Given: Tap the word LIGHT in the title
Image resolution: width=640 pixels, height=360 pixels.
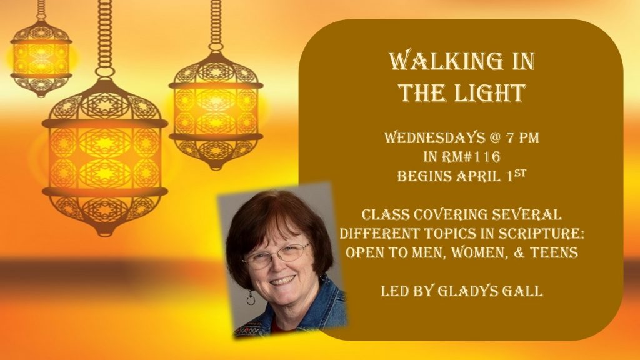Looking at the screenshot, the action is [x=484, y=92].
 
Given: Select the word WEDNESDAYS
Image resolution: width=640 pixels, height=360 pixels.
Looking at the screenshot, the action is [x=434, y=137].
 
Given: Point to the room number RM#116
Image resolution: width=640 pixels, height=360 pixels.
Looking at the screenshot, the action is [x=474, y=157].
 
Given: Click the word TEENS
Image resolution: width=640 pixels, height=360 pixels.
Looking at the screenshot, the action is [x=554, y=252].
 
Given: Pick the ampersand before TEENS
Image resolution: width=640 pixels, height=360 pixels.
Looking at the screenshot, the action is [x=519, y=252].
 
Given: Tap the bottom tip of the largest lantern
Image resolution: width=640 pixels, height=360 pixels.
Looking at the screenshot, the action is [x=105, y=236].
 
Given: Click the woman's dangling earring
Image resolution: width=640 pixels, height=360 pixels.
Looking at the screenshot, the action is [x=251, y=297].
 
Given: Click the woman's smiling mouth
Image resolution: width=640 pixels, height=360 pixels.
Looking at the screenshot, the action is [x=283, y=281].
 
